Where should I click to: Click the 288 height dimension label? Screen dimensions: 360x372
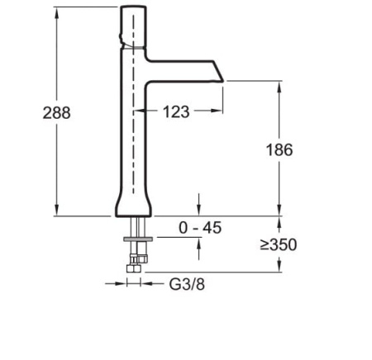tap(56, 113)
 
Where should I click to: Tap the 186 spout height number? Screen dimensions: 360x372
tap(280, 149)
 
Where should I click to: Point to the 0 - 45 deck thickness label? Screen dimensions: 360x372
tap(200, 228)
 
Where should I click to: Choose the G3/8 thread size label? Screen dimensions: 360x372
tap(187, 284)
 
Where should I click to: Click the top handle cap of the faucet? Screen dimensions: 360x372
tap(132, 17)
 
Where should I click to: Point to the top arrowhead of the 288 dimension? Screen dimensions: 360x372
tap(56, 11)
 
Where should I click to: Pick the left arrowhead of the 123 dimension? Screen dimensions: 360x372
tap(138, 111)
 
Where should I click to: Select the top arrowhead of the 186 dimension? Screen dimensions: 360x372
tap(280, 85)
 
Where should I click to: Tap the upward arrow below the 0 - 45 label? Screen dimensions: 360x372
tap(199, 244)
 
